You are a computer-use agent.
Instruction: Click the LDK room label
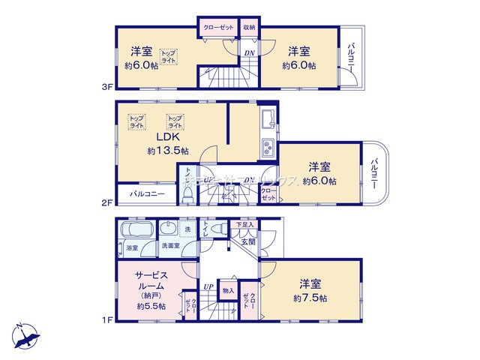click(166, 137)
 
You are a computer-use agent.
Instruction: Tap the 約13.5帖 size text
click(167, 151)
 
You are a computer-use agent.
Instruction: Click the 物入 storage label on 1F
click(228, 290)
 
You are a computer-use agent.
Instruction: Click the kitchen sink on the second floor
click(268, 118)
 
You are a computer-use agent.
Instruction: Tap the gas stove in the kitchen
click(268, 146)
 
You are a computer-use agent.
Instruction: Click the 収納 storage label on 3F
click(249, 28)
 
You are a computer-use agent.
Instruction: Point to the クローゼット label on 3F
click(217, 28)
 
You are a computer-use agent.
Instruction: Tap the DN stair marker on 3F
click(249, 52)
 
